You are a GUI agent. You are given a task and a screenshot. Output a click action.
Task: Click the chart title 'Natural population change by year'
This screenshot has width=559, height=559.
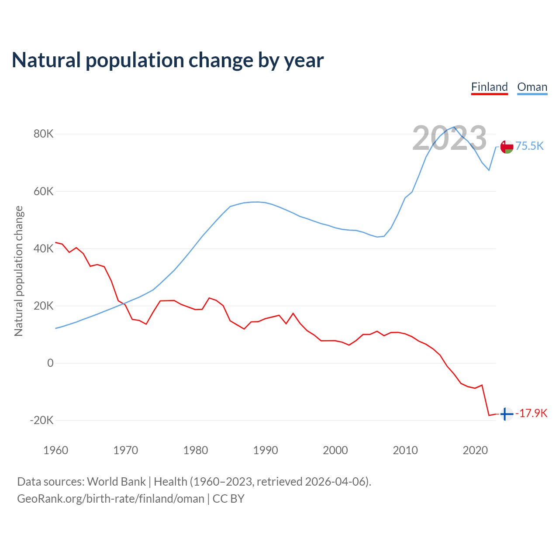click(x=168, y=60)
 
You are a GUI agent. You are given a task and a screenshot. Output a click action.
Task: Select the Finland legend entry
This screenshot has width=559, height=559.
click(x=489, y=87)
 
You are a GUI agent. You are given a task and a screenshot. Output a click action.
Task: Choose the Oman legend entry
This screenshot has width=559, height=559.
click(x=532, y=87)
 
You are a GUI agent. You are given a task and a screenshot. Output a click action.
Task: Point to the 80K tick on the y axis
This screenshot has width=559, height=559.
click(x=43, y=134)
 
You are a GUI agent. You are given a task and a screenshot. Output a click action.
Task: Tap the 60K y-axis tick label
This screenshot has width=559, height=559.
click(x=43, y=191)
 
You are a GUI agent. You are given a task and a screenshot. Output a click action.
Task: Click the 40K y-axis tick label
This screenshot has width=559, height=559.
click(x=43, y=248)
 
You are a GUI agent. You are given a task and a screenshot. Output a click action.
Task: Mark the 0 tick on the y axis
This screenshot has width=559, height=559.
click(x=50, y=363)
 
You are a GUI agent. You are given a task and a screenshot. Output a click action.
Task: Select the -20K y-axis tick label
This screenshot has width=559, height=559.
click(x=41, y=420)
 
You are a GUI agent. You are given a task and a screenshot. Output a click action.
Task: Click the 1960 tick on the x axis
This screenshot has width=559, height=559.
click(x=56, y=450)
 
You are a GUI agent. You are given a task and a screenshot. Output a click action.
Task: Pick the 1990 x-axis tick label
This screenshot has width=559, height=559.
click(x=266, y=450)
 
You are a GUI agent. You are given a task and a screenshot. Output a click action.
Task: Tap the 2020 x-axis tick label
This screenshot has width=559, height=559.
click(x=475, y=450)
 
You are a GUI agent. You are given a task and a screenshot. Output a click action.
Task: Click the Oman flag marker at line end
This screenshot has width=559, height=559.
click(x=507, y=147)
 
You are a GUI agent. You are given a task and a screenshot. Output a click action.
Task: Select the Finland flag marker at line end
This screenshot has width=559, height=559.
click(x=506, y=414)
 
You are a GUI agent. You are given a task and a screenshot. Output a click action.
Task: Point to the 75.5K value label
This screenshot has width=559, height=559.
click(x=529, y=146)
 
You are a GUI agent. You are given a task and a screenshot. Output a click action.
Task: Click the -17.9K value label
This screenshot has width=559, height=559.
click(x=531, y=413)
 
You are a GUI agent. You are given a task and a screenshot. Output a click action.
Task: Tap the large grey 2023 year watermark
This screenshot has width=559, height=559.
click(x=449, y=138)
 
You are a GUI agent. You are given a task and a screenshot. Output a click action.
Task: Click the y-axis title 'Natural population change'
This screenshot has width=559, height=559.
click(x=19, y=271)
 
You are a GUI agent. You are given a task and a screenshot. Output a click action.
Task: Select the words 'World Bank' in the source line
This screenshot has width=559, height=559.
click(x=116, y=482)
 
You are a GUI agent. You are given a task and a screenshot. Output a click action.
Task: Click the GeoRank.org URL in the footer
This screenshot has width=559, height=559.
click(x=110, y=499)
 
